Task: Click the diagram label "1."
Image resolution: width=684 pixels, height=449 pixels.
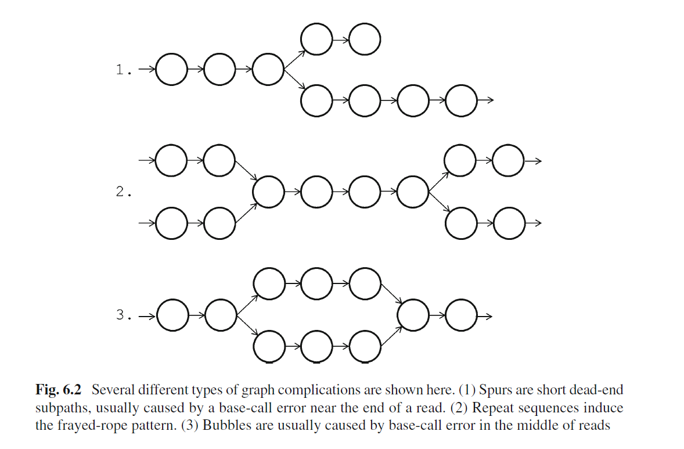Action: tap(124, 71)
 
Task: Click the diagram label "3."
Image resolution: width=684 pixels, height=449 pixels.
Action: tap(124, 316)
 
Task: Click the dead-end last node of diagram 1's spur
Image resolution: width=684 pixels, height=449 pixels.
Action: tap(365, 39)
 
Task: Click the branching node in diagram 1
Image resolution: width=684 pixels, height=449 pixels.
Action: tap(268, 70)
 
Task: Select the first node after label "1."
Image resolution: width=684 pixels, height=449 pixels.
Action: tap(172, 70)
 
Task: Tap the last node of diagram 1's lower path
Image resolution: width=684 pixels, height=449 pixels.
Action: tap(462, 100)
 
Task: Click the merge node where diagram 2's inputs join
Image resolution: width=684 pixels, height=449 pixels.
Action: tap(268, 192)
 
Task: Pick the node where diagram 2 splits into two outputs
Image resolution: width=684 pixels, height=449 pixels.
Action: tap(413, 192)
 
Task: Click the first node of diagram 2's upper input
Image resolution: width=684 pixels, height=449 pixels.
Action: tap(172, 161)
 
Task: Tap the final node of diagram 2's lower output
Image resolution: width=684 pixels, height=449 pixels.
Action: tap(509, 222)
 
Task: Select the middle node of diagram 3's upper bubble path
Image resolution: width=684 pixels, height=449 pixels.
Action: tap(316, 283)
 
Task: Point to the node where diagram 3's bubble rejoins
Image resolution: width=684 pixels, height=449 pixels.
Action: tap(413, 315)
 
